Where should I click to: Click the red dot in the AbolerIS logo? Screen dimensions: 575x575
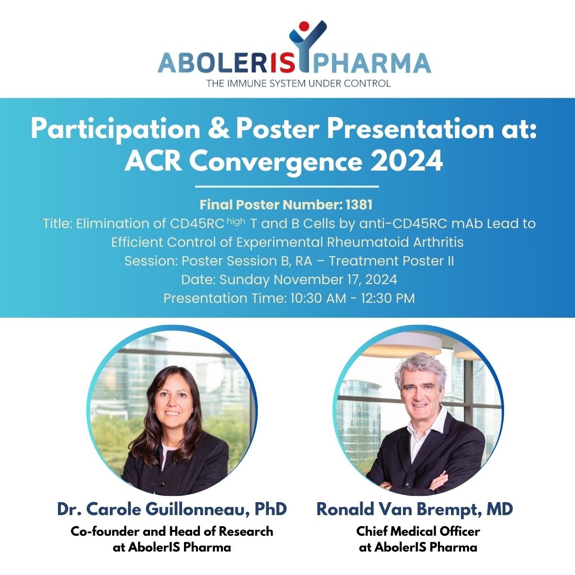pos(304,26)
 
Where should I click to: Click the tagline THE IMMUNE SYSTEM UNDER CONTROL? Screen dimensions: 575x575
pos(298,83)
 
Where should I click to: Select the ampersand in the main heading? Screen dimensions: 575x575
pos(218,129)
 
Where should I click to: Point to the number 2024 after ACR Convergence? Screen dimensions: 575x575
pos(406,161)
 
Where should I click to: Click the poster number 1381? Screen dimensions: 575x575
pos(359,205)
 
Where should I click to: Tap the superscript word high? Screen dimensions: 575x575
pos(236,221)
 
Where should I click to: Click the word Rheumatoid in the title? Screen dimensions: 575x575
pos(368,242)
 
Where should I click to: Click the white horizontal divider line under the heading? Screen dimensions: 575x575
pos(287,187)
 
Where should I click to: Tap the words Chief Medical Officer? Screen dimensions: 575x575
pos(418,531)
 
